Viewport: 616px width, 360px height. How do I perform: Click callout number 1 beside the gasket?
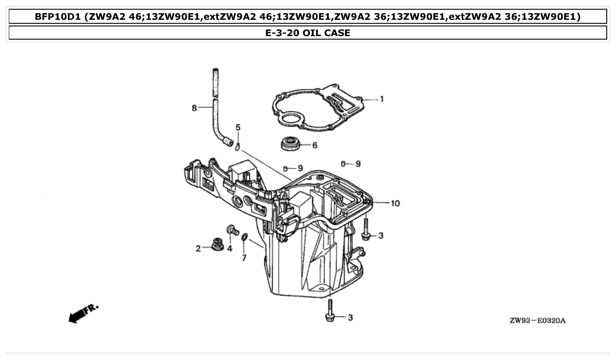[x=382, y=99]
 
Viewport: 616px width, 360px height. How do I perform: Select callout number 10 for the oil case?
[x=395, y=203]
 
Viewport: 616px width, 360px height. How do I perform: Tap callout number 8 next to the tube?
[x=194, y=108]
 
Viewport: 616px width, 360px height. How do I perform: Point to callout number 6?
[x=314, y=145]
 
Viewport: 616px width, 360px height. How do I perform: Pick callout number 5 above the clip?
[x=238, y=128]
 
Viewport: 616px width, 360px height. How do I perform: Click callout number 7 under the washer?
[x=244, y=258]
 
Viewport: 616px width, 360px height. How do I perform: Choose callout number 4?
[x=229, y=249]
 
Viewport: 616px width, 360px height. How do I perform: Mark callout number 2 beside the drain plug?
[x=198, y=249]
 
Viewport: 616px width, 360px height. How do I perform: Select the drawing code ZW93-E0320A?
[x=537, y=320]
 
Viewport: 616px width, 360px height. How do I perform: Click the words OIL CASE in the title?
[x=326, y=33]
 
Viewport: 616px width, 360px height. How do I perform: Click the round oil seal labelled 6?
[x=289, y=144]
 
